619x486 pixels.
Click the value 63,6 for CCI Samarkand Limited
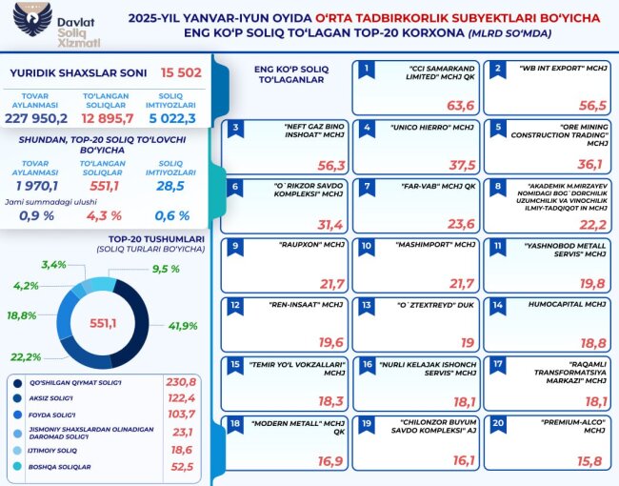(460, 105)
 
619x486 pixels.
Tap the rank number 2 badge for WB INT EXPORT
(497, 70)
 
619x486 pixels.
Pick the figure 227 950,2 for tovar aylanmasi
(37, 118)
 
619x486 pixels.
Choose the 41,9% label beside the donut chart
(183, 326)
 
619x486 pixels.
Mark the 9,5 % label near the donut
(166, 269)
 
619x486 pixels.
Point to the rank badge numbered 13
(366, 306)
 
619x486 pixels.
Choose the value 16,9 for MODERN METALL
(330, 461)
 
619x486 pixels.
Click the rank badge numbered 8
(497, 188)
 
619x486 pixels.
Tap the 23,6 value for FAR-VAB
(460, 224)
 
